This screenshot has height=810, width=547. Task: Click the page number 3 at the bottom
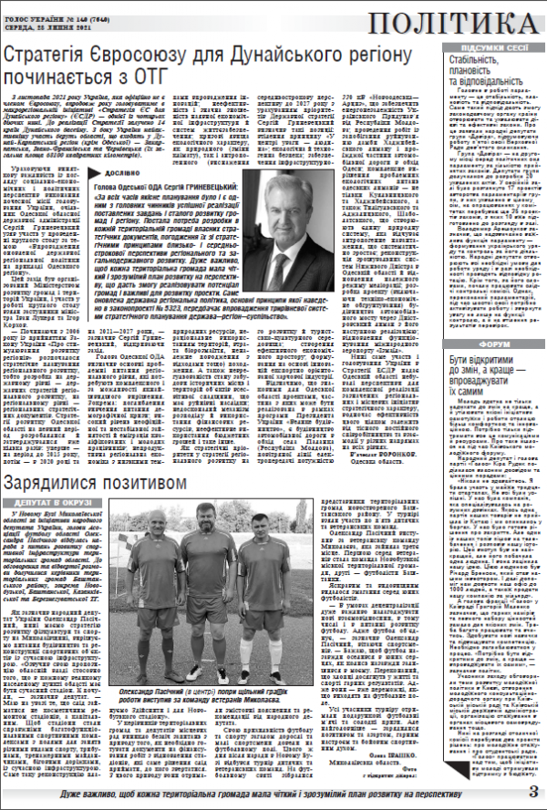(x=532, y=790)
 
